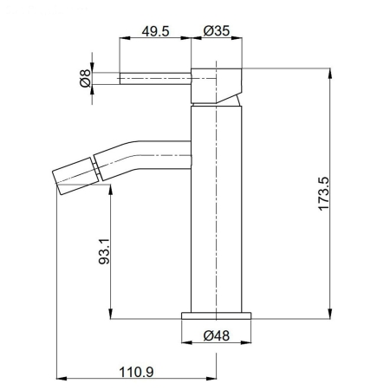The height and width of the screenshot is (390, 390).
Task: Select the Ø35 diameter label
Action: click(215, 32)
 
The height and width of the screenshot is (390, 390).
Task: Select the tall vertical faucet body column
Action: click(215, 208)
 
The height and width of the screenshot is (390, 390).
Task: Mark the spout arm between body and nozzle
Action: click(143, 153)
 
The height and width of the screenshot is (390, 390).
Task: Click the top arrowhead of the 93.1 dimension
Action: click(111, 187)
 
